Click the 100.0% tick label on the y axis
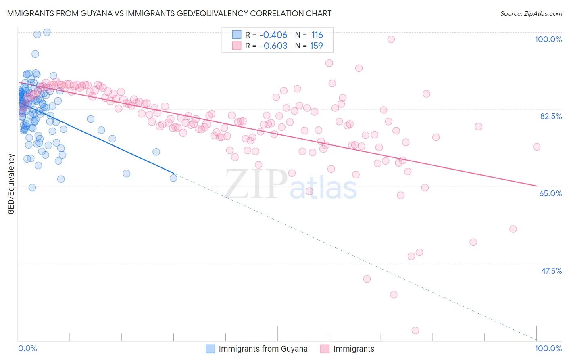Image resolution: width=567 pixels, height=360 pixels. (x=548, y=39)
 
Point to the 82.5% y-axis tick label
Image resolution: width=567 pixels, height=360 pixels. (x=551, y=116)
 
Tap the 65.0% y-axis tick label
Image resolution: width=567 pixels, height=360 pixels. (x=550, y=193)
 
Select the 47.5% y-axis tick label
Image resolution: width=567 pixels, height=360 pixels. (x=551, y=271)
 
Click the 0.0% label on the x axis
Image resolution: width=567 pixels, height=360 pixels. (x=27, y=348)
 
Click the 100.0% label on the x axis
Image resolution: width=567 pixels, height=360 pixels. (x=548, y=348)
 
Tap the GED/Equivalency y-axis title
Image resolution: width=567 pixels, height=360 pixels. (x=11, y=184)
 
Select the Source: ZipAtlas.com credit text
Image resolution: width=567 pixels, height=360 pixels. (x=531, y=13)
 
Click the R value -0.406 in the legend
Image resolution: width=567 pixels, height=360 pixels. (x=273, y=35)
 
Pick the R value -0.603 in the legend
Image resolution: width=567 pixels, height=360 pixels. (x=273, y=46)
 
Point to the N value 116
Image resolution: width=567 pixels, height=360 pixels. (x=317, y=35)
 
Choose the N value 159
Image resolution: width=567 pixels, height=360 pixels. (x=317, y=46)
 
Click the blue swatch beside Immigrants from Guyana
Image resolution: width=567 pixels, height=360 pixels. (x=211, y=349)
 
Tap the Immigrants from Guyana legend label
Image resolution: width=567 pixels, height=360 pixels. (x=263, y=349)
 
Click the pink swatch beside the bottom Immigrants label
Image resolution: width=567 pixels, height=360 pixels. (x=325, y=349)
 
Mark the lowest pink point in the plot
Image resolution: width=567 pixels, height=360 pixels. (x=415, y=331)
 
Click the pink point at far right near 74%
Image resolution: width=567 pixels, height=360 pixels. (x=537, y=147)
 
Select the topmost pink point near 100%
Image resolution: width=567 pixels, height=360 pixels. (x=391, y=39)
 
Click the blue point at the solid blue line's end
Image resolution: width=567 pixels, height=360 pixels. (x=173, y=178)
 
